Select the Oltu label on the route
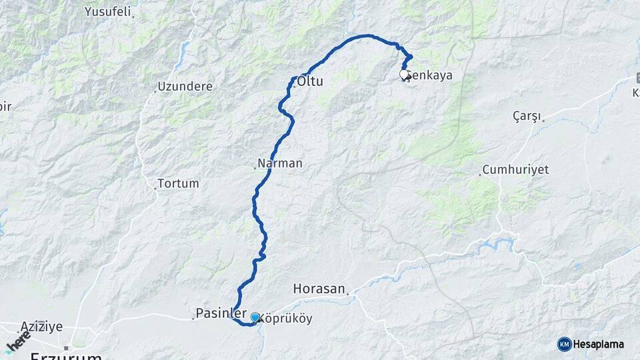click(310, 82)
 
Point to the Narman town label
click(280, 163)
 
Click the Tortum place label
click(179, 183)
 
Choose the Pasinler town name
click(221, 313)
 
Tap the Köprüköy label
click(285, 319)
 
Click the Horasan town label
click(319, 289)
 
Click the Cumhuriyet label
click(515, 170)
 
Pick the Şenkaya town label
click(430, 75)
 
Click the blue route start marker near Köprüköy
click(255, 317)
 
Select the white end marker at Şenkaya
click(404, 74)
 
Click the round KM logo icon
click(564, 344)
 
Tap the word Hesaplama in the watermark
click(599, 344)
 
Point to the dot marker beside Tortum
click(155, 188)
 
